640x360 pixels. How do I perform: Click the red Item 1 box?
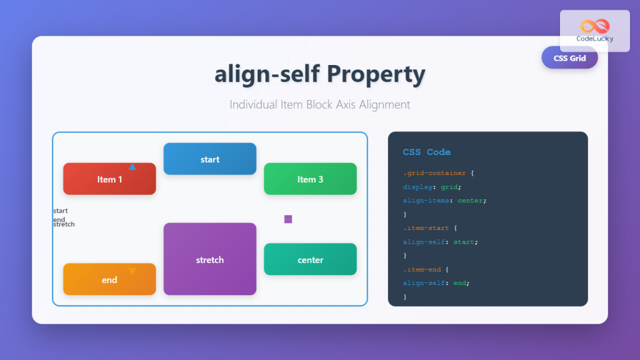[109, 179]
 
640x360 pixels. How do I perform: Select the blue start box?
[210, 159]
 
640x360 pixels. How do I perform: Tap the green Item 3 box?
[310, 179]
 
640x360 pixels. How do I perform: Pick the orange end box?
[109, 279]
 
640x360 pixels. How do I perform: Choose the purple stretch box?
[210, 259]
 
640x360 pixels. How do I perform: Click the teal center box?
[310, 259]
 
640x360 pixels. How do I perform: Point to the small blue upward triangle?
[132, 167]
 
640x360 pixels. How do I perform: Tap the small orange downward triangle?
[132, 271]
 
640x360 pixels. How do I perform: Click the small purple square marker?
[288, 219]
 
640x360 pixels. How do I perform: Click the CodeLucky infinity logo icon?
[594, 26]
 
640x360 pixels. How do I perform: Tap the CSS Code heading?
[427, 152]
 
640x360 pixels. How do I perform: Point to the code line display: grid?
[432, 187]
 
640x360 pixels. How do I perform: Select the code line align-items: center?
[444, 201]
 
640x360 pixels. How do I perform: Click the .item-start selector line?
[429, 228]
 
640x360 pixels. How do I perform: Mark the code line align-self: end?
[436, 283]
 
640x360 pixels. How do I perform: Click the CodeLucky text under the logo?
[594, 39]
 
